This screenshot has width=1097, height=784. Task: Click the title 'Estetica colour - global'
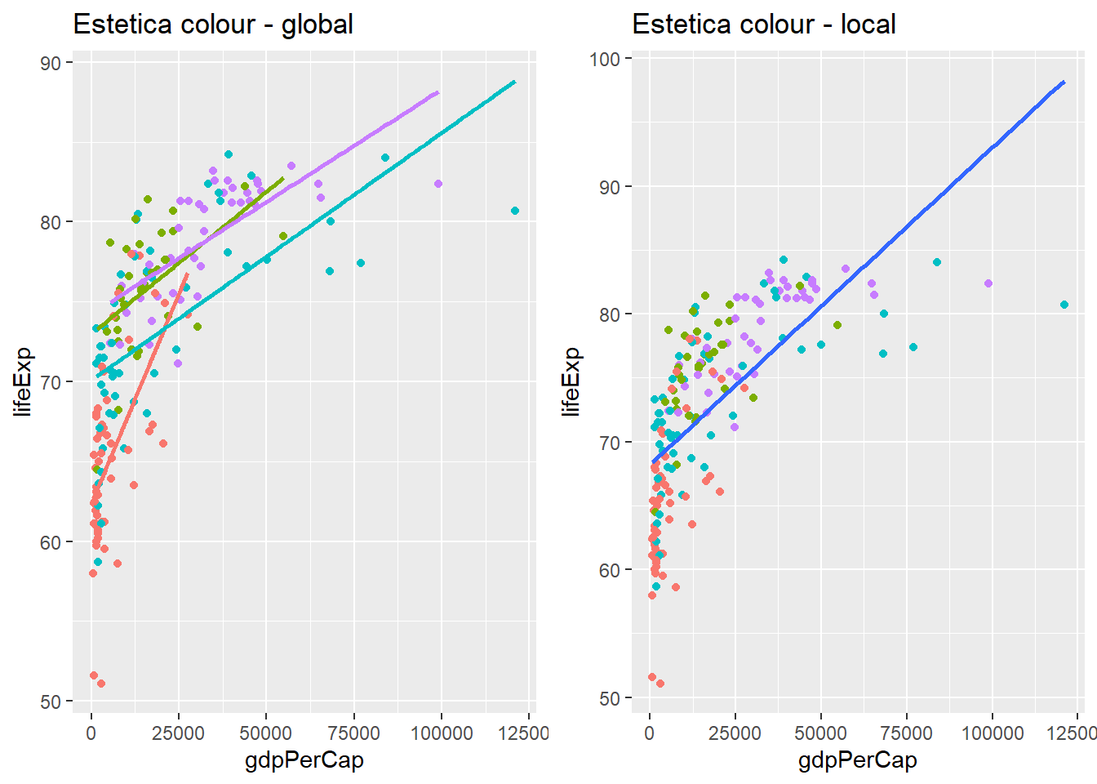coord(213,24)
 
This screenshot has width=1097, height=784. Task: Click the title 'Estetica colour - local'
coord(764,24)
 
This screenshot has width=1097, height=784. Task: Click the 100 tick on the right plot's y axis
coord(605,59)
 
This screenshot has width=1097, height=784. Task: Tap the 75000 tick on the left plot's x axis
coord(353,733)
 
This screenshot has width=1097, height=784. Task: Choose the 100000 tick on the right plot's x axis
coord(993,733)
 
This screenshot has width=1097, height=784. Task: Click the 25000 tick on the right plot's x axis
coord(735,733)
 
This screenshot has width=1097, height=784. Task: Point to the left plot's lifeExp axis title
coord(23,381)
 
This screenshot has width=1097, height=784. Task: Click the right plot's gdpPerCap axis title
coord(857,760)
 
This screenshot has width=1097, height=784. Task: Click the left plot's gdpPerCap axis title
coord(304,760)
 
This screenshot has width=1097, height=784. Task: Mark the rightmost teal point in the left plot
coord(515,211)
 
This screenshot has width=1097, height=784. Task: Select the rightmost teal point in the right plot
coord(1064,305)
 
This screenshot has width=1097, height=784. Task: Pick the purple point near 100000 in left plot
coord(438,184)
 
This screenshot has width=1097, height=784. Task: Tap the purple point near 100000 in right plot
coord(988,283)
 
